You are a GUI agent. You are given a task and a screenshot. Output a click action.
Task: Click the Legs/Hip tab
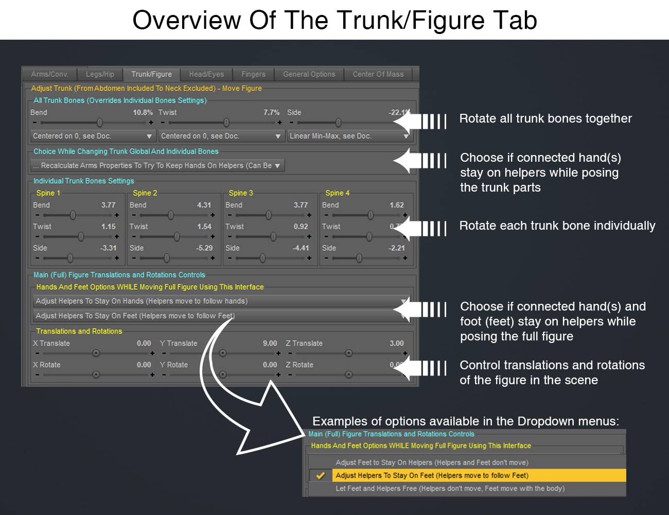point(100,74)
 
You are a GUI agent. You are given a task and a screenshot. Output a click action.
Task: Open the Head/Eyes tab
point(206,74)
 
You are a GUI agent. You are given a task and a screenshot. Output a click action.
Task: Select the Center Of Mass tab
point(378,74)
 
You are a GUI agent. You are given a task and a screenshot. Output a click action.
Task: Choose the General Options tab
point(309,74)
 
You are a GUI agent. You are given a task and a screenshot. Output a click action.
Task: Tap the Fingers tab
point(253,74)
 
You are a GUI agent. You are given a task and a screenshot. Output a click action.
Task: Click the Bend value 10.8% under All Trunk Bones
point(143,112)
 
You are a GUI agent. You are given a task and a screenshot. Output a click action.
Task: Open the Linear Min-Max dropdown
point(349,136)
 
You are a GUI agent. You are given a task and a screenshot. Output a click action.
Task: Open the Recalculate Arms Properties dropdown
point(157,165)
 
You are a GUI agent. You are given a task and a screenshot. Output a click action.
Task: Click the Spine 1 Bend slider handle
point(73,215)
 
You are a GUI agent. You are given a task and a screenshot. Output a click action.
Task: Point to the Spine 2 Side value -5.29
point(204,248)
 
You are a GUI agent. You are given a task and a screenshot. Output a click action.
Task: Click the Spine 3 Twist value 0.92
point(301,227)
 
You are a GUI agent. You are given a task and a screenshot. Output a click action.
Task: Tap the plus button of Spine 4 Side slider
point(405,258)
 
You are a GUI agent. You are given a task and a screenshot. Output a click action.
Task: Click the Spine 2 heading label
point(145,193)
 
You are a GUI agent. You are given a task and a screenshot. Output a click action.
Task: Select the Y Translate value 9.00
point(270,343)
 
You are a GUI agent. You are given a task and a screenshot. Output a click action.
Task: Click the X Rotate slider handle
point(96,374)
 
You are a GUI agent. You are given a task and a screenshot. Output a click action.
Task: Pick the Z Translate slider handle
point(349,353)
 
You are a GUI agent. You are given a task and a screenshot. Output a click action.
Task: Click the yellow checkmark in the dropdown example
point(321,475)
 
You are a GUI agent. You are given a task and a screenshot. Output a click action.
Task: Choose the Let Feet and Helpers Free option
point(450,489)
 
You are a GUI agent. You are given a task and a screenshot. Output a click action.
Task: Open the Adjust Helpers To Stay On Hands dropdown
point(221,301)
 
